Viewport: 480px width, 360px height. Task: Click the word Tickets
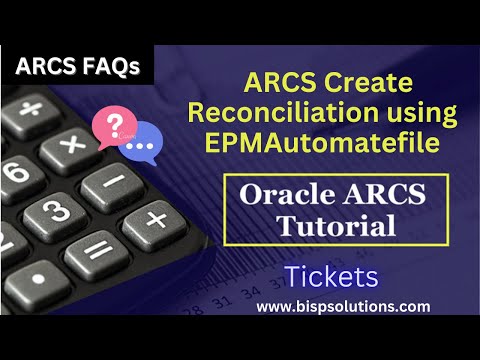coord(329,276)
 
